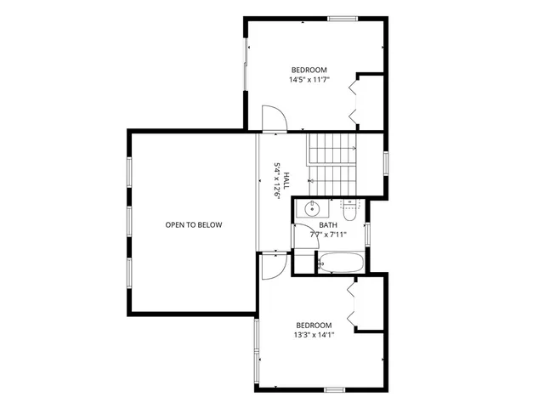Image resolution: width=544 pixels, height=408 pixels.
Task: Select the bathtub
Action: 343,263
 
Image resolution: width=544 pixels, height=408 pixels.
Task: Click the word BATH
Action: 328,225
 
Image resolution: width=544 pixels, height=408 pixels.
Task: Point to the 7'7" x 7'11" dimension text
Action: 328,235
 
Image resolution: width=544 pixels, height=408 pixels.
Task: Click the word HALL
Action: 286,180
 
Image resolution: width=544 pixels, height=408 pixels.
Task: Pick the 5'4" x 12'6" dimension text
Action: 276,180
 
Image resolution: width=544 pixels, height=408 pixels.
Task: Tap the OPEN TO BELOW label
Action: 193,225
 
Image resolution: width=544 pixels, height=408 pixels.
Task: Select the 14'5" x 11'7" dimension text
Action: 309,80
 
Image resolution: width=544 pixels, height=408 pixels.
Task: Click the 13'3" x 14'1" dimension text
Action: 314,335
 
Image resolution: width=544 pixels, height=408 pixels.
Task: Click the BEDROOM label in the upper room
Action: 309,70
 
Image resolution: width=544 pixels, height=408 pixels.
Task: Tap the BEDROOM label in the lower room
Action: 314,325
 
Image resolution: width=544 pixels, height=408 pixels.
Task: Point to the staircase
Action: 331,161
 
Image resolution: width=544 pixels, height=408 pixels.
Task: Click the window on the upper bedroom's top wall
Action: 342,18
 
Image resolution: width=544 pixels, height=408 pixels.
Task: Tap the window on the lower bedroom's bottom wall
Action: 334,389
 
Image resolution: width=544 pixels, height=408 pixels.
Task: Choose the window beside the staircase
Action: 386,161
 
